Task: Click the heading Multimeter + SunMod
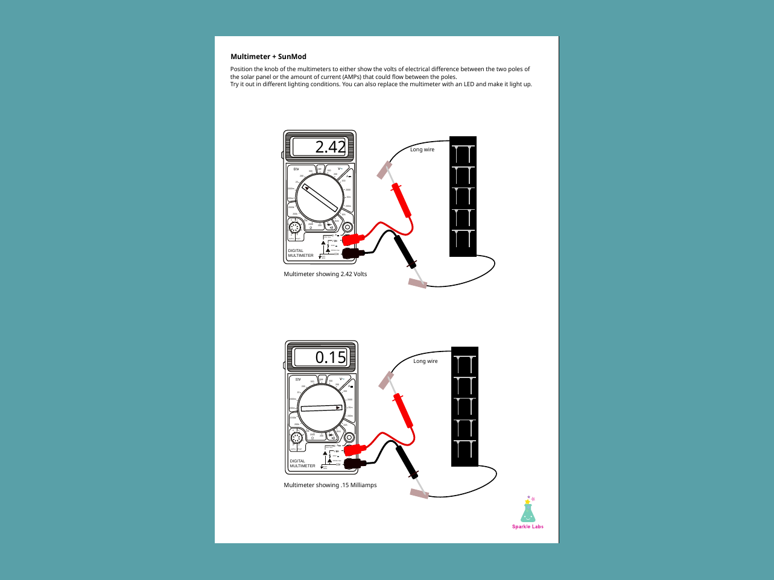point(268,57)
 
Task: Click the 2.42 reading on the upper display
point(331,147)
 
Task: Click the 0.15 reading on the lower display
point(331,357)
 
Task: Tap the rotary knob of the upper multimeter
point(320,198)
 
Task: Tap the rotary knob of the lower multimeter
point(322,408)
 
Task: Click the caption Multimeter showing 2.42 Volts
point(325,274)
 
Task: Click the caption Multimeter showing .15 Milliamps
point(330,485)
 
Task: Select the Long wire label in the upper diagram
point(422,150)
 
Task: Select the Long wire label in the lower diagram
point(425,361)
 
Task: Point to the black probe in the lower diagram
point(407,462)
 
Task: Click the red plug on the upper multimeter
point(354,239)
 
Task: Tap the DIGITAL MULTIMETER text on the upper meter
point(300,253)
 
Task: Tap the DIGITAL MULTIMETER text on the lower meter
point(302,464)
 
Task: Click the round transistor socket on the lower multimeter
point(296,438)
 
